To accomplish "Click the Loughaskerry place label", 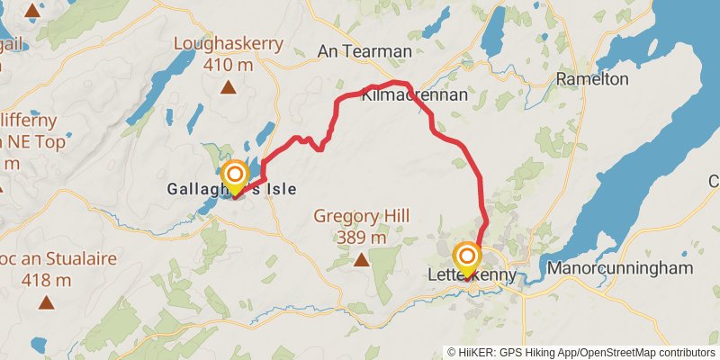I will [229, 43].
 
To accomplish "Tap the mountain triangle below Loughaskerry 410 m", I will [229, 87].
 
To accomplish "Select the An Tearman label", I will [364, 51].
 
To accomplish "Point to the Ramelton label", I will [592, 79].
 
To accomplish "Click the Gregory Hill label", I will [361, 216].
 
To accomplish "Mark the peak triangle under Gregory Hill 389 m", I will [361, 261].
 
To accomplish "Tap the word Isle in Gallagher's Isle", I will [278, 190].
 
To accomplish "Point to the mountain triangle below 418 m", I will [46, 303].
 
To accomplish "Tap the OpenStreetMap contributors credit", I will [644, 352].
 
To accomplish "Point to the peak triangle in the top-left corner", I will [33, 12].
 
